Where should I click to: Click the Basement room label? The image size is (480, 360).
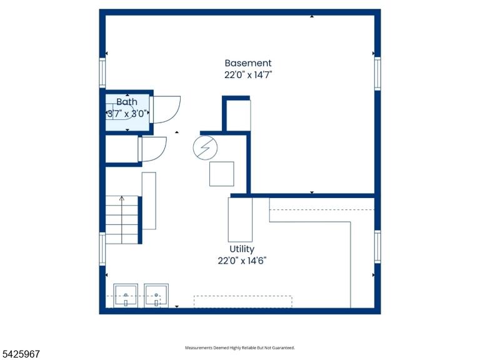(248, 63)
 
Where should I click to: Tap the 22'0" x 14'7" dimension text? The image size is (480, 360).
(248, 75)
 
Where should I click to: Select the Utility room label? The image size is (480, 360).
(242, 249)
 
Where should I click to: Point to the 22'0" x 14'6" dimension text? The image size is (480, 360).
(242, 261)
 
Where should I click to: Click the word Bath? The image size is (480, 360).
(127, 102)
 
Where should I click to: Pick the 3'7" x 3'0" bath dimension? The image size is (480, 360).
(127, 114)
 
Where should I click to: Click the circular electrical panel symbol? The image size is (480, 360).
(205, 148)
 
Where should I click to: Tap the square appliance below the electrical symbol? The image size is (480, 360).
(222, 174)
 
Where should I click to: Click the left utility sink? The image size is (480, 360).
(126, 296)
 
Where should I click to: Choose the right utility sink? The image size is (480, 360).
(156, 296)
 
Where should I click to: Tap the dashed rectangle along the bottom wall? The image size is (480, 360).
(242, 301)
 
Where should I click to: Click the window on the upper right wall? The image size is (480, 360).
(377, 74)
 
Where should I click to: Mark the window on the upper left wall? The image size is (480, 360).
(102, 73)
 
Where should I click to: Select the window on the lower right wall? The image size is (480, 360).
(377, 247)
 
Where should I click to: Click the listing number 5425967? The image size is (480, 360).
(20, 354)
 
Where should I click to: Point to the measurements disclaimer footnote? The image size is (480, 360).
(240, 347)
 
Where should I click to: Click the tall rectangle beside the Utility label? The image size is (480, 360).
(240, 220)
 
